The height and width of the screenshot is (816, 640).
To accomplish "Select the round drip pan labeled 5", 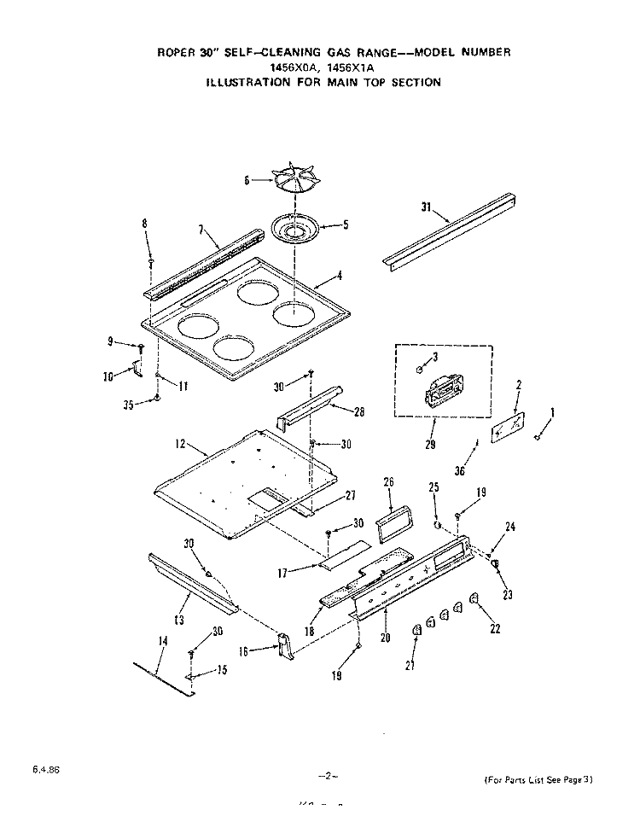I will pyautogui.click(x=294, y=229).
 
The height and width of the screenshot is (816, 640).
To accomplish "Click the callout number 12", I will pyautogui.click(x=180, y=444).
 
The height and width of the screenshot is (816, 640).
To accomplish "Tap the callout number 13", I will pyautogui.click(x=180, y=620).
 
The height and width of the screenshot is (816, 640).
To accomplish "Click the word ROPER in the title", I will pyautogui.click(x=176, y=52).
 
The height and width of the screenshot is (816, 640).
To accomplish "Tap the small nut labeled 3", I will pyautogui.click(x=422, y=370).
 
